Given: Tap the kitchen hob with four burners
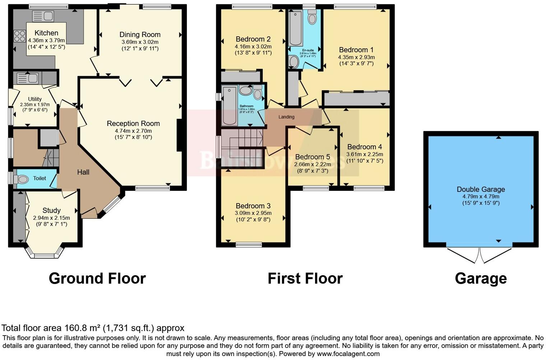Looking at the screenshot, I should click(19, 36).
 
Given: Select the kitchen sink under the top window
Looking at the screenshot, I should click(43, 16).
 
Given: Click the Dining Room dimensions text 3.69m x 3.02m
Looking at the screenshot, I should click(140, 42).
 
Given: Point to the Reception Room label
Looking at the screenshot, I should click(133, 124).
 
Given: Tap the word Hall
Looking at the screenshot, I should click(83, 172).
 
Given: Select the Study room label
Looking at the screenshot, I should click(51, 211).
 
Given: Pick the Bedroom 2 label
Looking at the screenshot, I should click(253, 39).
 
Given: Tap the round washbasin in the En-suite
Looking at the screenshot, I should click(293, 62).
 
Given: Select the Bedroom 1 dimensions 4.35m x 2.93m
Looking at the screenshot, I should click(356, 57).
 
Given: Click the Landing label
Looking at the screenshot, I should click(286, 117).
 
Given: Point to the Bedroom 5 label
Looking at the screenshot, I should click(312, 157).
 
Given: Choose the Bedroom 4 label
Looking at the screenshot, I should click(364, 147).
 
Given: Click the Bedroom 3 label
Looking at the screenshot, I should click(253, 206).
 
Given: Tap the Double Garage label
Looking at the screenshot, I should click(481, 189).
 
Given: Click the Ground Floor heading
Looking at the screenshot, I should click(97, 278).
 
